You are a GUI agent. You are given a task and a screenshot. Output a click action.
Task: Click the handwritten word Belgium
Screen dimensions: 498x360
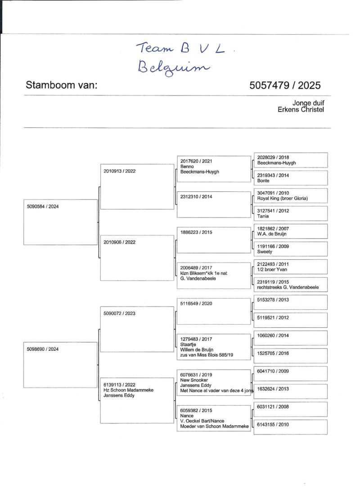pyautogui.click(x=174, y=68)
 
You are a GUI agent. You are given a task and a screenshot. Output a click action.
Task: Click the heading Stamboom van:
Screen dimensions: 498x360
pyautogui.click(x=62, y=86)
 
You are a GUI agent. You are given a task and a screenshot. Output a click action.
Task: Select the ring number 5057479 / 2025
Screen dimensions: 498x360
pyautogui.click(x=285, y=86)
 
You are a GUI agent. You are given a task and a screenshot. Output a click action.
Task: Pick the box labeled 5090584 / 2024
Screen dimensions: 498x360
pyautogui.click(x=60, y=222)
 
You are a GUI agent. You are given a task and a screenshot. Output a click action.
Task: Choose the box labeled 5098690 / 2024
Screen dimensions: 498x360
pyautogui.click(x=60, y=365)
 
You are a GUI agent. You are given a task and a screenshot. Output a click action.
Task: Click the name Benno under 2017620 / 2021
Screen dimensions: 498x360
pyautogui.click(x=186, y=166)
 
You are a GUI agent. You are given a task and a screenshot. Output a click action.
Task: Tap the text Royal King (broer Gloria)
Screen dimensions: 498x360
pyautogui.click(x=282, y=199)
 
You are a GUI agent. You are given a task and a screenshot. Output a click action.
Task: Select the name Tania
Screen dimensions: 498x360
pyautogui.click(x=263, y=216)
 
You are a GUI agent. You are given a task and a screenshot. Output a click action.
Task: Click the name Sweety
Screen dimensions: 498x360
pyautogui.click(x=264, y=252)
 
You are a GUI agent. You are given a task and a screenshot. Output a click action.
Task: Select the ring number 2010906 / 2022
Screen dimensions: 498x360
pyautogui.click(x=119, y=242)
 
